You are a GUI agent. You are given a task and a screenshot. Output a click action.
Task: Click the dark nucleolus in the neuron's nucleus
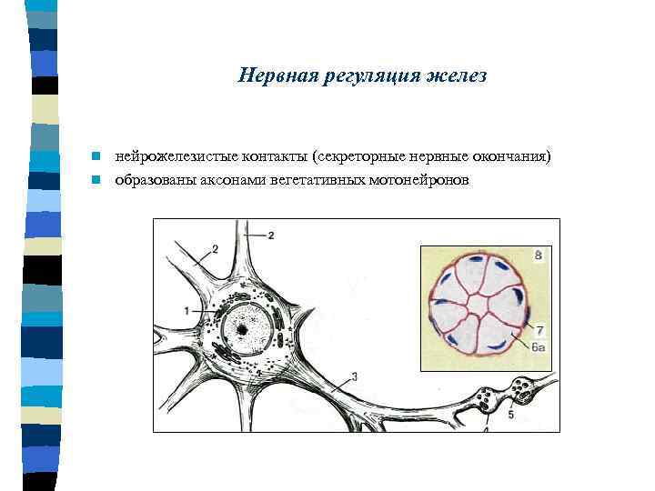(x=243, y=328)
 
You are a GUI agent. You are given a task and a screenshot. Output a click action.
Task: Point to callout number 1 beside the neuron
(x=186, y=311)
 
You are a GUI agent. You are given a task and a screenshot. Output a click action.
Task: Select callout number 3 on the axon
(x=353, y=376)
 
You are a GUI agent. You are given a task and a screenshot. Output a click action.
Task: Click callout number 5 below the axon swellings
(x=510, y=415)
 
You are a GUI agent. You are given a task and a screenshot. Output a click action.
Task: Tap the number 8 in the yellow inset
(x=538, y=257)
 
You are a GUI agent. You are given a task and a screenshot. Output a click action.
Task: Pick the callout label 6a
(x=538, y=347)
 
